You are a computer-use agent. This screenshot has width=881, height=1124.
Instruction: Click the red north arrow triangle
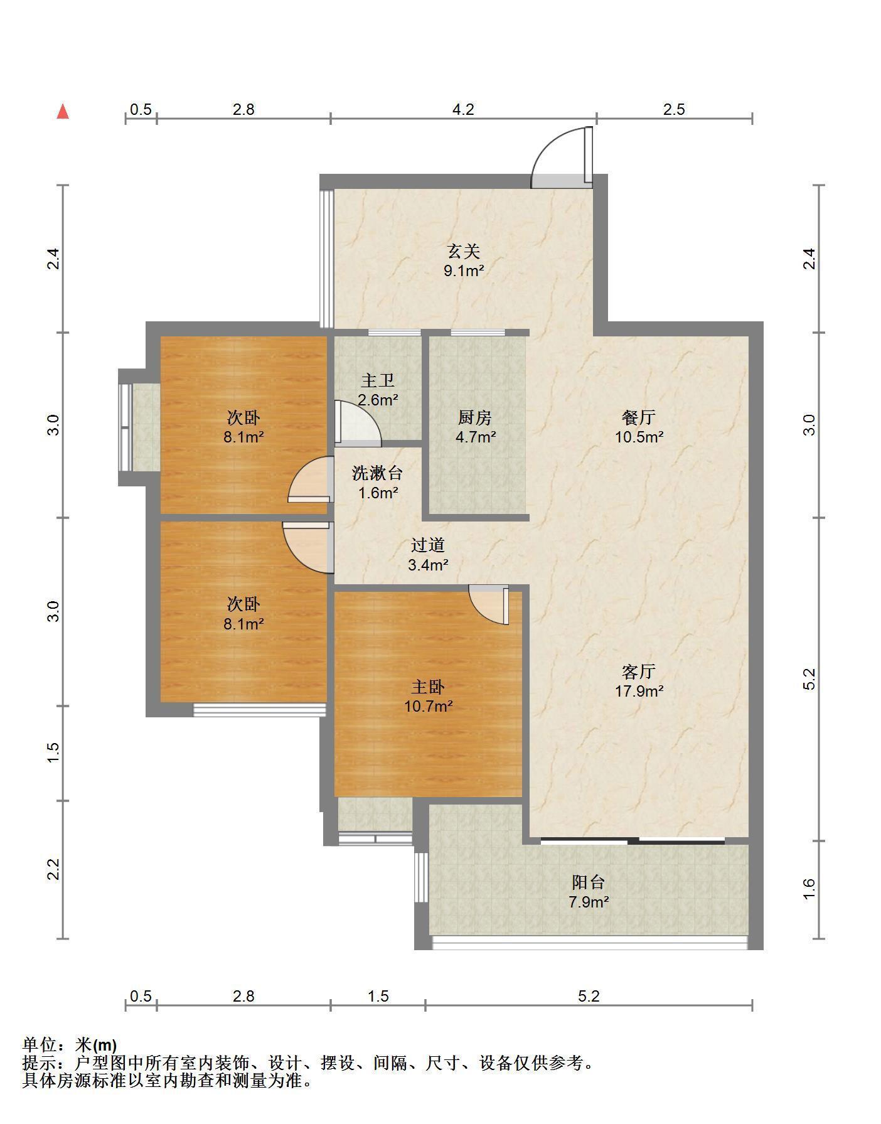point(63,112)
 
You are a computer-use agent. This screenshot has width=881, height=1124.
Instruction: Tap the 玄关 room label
point(464,252)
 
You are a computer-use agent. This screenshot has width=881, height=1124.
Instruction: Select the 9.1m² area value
point(464,271)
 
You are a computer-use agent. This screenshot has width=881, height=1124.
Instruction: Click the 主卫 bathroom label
point(378,380)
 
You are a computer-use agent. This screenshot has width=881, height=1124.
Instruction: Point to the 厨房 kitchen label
point(475,417)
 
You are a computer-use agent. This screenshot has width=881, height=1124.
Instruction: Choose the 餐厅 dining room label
point(639,417)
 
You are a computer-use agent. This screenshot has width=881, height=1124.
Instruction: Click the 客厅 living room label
point(639,672)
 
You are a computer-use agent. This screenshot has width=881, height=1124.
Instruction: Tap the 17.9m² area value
point(639,691)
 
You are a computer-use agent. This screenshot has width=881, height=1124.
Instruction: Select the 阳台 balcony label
point(588,882)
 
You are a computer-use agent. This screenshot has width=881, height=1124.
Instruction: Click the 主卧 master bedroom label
point(428,687)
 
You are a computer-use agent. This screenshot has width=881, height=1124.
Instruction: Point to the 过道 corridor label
point(428,545)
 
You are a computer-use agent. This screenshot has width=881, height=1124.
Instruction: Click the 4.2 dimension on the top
point(463,109)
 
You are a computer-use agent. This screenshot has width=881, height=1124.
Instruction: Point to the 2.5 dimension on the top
point(674,109)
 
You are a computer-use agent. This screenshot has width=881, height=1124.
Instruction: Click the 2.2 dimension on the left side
point(54,870)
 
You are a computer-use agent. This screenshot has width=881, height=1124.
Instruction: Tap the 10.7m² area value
point(428,706)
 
